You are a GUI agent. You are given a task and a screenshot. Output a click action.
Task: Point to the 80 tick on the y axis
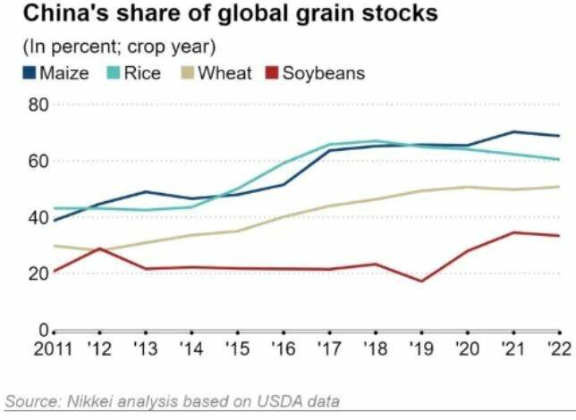[x=38, y=105]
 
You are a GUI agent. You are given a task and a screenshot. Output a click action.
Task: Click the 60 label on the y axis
[x=38, y=161]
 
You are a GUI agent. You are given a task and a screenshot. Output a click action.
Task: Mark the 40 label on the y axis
[x=38, y=217]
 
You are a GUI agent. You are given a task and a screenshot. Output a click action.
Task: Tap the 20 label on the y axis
[x=38, y=273]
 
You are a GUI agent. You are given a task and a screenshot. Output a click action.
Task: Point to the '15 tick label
[x=236, y=349]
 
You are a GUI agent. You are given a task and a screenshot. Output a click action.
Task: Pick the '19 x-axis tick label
[x=420, y=349]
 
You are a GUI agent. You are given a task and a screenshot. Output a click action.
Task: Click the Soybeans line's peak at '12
[x=99, y=248]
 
